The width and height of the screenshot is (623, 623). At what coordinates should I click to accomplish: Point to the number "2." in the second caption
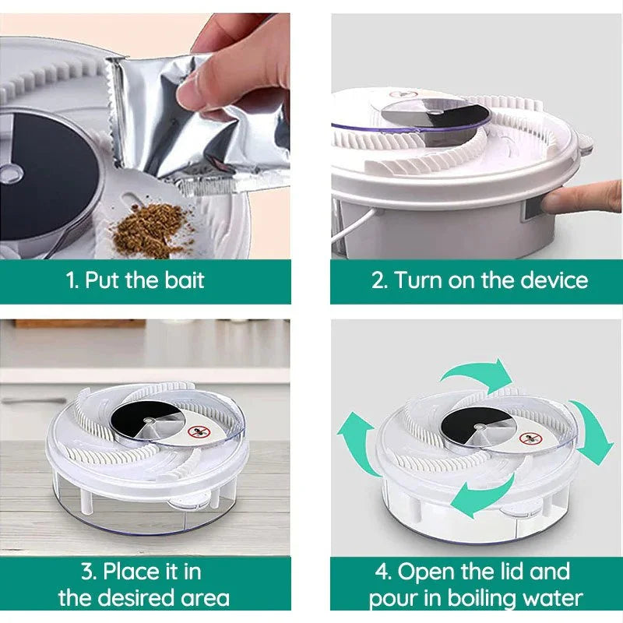pos(379,280)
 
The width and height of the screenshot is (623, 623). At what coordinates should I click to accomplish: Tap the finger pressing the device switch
pos(576,199)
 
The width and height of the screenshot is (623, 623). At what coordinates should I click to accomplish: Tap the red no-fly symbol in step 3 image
pos(198,431)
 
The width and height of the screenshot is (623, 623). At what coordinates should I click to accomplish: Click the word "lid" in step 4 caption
pos(517,572)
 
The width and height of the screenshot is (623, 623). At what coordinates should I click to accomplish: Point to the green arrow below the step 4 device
pos(483,498)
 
